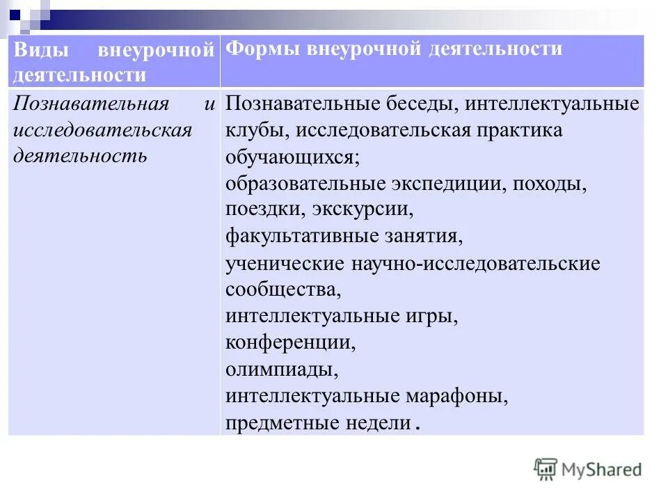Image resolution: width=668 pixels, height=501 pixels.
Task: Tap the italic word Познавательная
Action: click(91, 104)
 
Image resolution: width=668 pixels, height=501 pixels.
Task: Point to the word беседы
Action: click(420, 104)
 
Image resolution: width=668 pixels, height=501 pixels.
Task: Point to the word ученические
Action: click(285, 264)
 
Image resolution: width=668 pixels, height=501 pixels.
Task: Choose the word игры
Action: click(433, 317)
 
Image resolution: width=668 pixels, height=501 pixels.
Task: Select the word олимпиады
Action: click(282, 369)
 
